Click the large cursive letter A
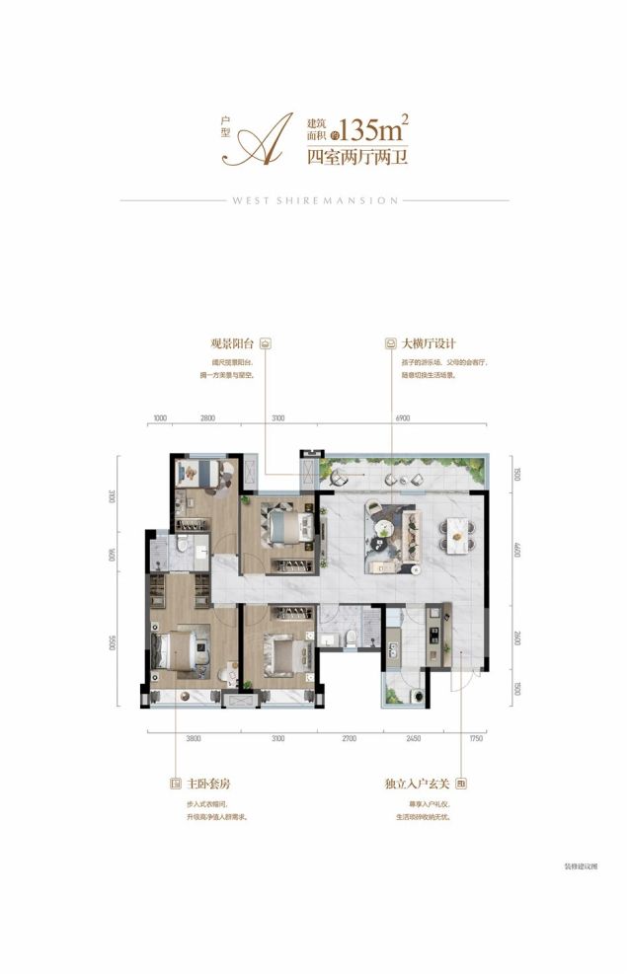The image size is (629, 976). (264, 139)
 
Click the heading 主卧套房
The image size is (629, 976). (206, 786)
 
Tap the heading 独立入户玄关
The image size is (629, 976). (417, 786)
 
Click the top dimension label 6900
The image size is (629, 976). (402, 419)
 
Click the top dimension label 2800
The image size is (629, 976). (207, 419)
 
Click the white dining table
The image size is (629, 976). (456, 533)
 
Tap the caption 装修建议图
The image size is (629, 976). (582, 865)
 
